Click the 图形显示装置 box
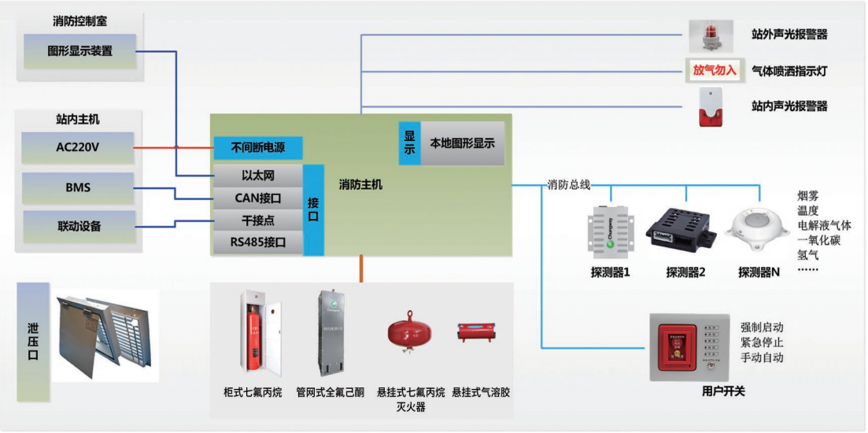[x=79, y=51]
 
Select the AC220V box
[x=78, y=147]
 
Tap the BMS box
[x=78, y=188]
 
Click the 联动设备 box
[x=79, y=226]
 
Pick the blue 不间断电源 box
[x=257, y=147]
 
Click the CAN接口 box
[x=257, y=198]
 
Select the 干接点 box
[x=257, y=220]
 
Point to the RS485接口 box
[x=257, y=242]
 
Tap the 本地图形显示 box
[x=462, y=143]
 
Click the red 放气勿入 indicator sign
[x=714, y=70]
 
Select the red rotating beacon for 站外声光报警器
[x=710, y=36]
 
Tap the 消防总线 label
[x=568, y=185]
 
